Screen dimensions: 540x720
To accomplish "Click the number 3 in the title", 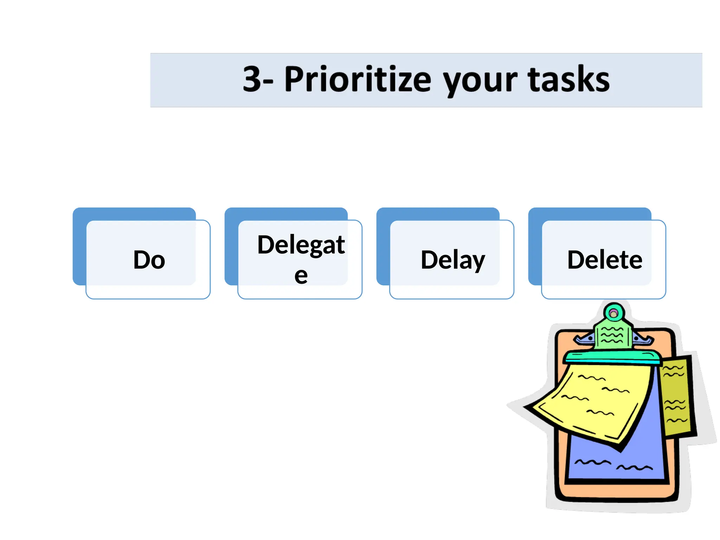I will pos(252,79).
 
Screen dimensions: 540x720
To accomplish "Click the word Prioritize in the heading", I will pos(358,79).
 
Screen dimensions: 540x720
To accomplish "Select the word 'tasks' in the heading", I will pos(568,79).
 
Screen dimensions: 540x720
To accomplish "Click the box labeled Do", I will pos(148,260).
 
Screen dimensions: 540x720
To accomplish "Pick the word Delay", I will pos(453,260).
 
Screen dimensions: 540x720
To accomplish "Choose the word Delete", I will pos(605,260).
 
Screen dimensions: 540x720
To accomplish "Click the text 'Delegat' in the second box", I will pos(301,245).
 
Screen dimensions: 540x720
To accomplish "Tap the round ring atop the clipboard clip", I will pos(613,313).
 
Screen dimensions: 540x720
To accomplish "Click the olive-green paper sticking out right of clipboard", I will pos(677,397).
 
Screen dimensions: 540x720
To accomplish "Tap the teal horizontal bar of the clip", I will pos(612,358).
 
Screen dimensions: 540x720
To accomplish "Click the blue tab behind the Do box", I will pos(79,246).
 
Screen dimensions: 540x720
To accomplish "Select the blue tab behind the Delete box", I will pos(535,246).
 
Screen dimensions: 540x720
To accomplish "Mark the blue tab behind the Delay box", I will pos(383,246).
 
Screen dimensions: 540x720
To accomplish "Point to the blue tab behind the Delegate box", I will pos(231,246).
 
